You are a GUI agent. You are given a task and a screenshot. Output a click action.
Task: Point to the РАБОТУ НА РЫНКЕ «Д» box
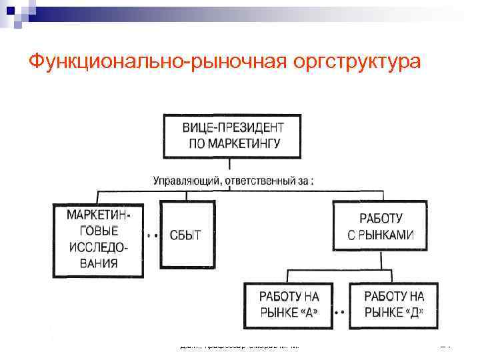pos(394,305)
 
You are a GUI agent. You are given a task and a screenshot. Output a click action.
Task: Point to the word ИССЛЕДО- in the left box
pos(97,247)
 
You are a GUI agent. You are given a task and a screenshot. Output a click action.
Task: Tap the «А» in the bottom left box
pos(318,313)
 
